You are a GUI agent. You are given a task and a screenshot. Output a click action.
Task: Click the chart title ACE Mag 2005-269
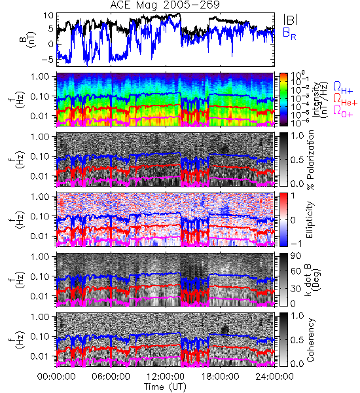pos(165,5)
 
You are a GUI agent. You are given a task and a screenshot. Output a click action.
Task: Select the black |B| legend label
pos(291,20)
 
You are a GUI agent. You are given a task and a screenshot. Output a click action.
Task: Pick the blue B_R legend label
pos(289,33)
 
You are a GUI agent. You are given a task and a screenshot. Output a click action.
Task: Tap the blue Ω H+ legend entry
pos(343,88)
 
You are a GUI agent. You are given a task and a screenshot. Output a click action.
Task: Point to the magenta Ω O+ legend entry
pos(343,111)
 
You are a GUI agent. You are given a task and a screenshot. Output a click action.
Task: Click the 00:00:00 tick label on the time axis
pos(56,377)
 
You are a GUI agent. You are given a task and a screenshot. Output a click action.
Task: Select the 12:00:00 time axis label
pos(166,377)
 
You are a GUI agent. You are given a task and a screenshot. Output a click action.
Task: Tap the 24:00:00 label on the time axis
pos(274,377)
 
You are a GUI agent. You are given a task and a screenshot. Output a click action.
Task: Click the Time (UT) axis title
pos(165,387)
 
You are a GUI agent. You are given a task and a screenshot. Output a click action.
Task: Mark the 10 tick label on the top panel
pos(48,16)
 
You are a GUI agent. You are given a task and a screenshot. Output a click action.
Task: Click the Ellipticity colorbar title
pos(310,219)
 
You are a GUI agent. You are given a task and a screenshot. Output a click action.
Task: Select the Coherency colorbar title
pos(310,340)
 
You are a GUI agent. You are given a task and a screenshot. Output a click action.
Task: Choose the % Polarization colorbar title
pos(310,160)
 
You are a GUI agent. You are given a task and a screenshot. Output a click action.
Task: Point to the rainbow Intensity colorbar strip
pos(283,100)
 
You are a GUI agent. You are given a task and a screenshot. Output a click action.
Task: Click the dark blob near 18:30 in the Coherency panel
pos(225,329)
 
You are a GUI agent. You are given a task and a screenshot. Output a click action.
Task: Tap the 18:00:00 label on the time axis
pos(220,377)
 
